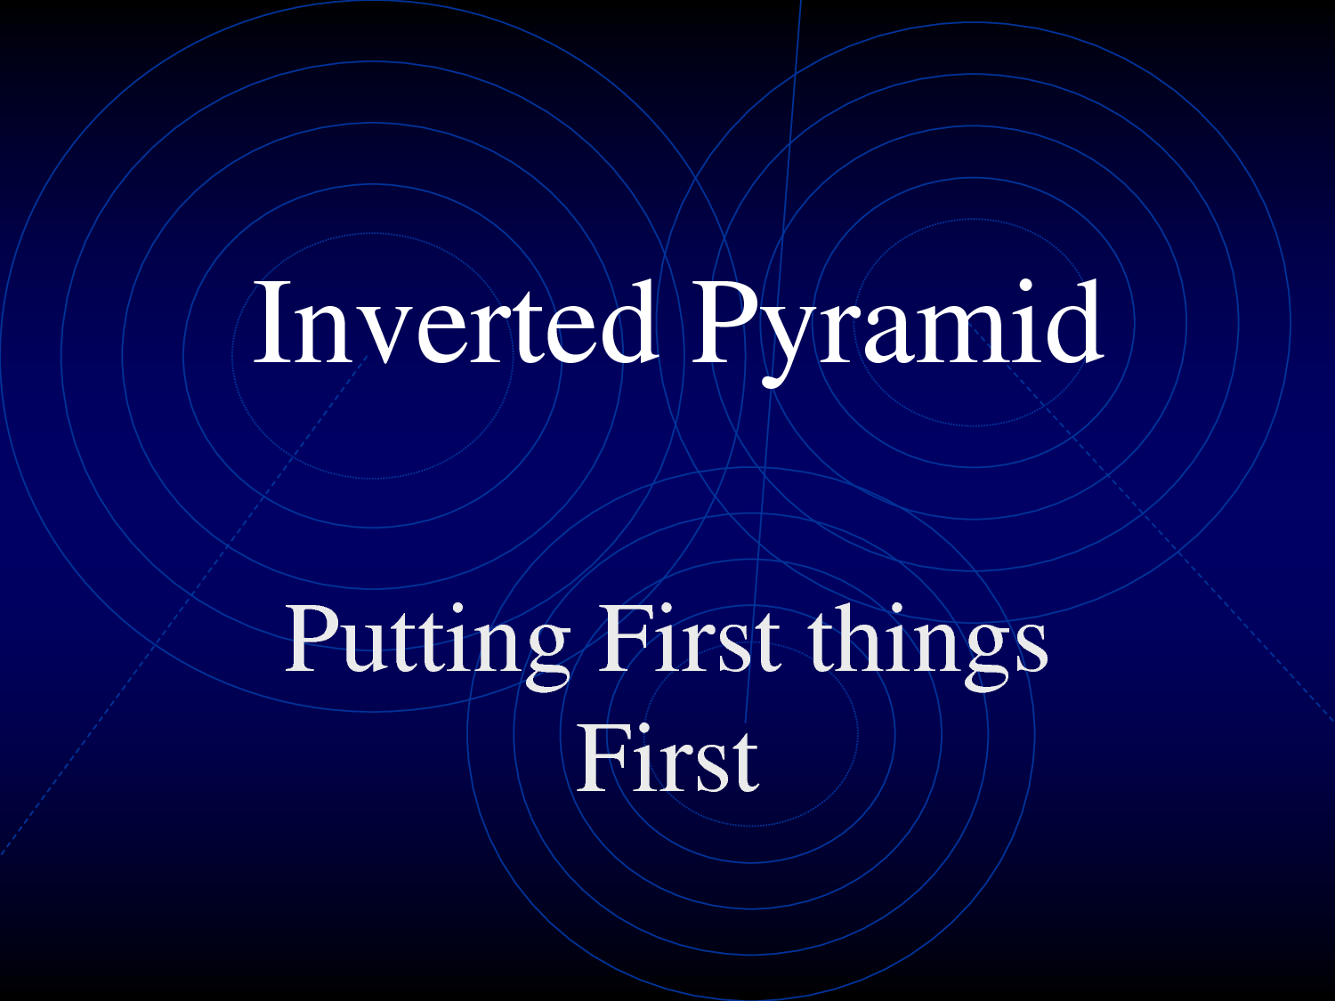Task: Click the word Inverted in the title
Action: [x=457, y=321]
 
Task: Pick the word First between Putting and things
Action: [x=690, y=638]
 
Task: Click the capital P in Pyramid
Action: [x=721, y=322]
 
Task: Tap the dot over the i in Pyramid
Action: [x=1026, y=287]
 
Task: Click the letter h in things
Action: [x=854, y=638]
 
